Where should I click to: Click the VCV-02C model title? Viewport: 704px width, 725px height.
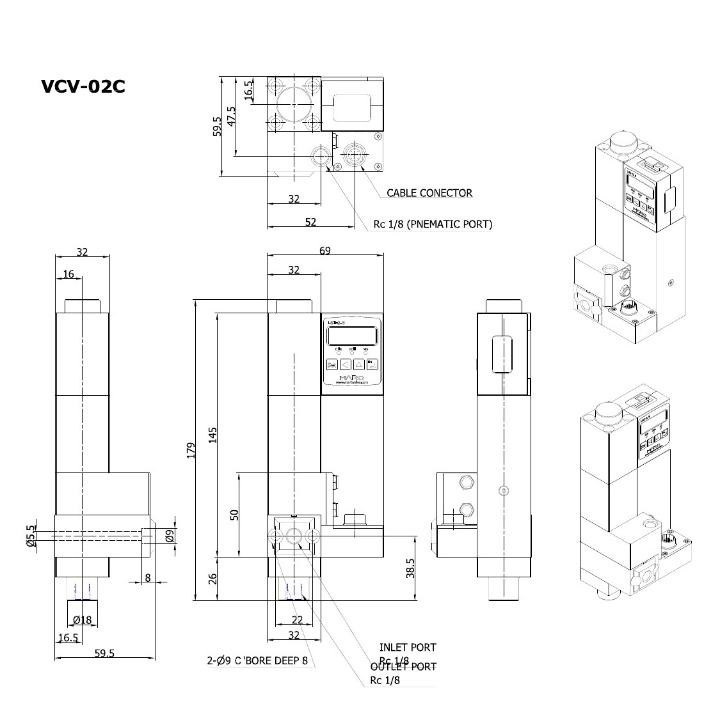[x=83, y=86]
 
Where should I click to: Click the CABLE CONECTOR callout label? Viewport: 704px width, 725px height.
[x=429, y=193]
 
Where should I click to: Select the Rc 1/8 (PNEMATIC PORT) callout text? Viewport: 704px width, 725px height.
[x=433, y=224]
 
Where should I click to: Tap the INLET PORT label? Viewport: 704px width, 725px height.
[x=408, y=648]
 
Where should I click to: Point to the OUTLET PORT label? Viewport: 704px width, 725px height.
[x=404, y=667]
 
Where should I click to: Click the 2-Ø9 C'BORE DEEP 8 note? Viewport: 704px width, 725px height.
[x=261, y=661]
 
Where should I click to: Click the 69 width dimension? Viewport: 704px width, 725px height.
[x=325, y=251]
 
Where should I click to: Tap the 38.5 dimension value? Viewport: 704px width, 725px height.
[x=410, y=568]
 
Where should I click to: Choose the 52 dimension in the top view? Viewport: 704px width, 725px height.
[x=310, y=222]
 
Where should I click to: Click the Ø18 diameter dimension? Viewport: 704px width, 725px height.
[x=83, y=620]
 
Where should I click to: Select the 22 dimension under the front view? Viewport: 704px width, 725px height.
[x=297, y=620]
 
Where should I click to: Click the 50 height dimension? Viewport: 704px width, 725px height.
[x=234, y=514]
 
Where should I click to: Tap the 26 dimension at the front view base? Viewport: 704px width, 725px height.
[x=213, y=579]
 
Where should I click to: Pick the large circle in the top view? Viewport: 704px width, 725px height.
[x=294, y=102]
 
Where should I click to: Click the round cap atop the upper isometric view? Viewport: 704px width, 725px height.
[x=621, y=138]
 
